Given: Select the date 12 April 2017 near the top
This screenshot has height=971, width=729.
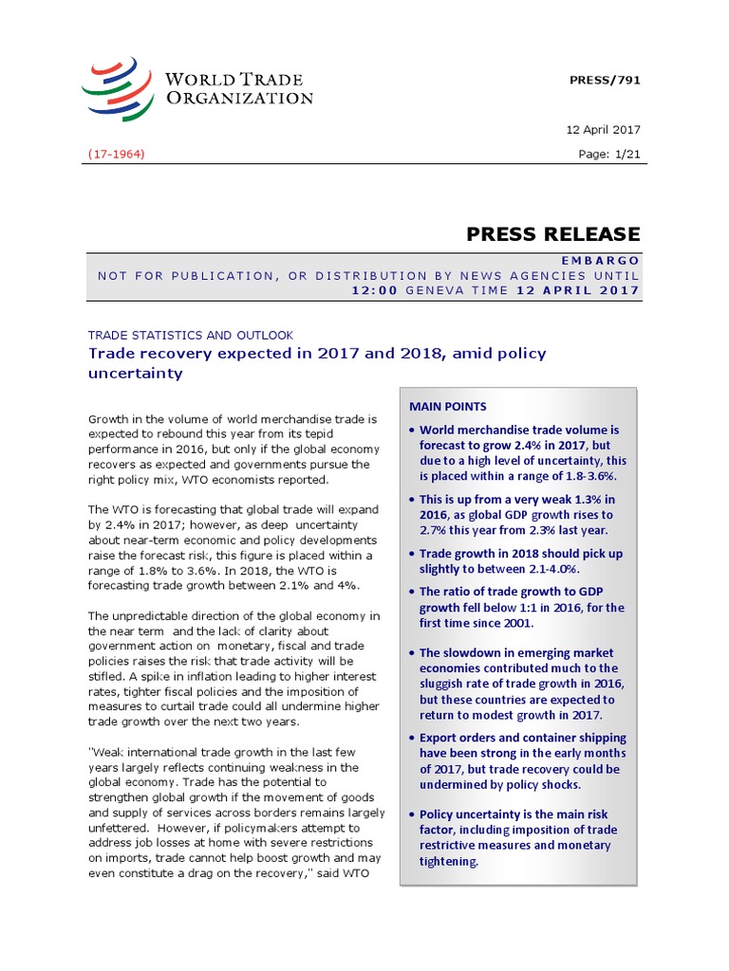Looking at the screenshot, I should [x=603, y=129].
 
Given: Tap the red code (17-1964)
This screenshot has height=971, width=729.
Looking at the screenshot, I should [x=116, y=153].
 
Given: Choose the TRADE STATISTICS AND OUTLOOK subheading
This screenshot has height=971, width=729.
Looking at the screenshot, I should [x=190, y=335].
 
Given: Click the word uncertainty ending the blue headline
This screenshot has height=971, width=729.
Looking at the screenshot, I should [x=135, y=374].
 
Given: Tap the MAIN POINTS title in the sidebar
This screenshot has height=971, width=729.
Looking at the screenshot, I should [x=448, y=406].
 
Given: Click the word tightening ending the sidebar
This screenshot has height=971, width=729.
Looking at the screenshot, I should [x=449, y=861].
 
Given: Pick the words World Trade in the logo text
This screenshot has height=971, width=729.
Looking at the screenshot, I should [x=221, y=80].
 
